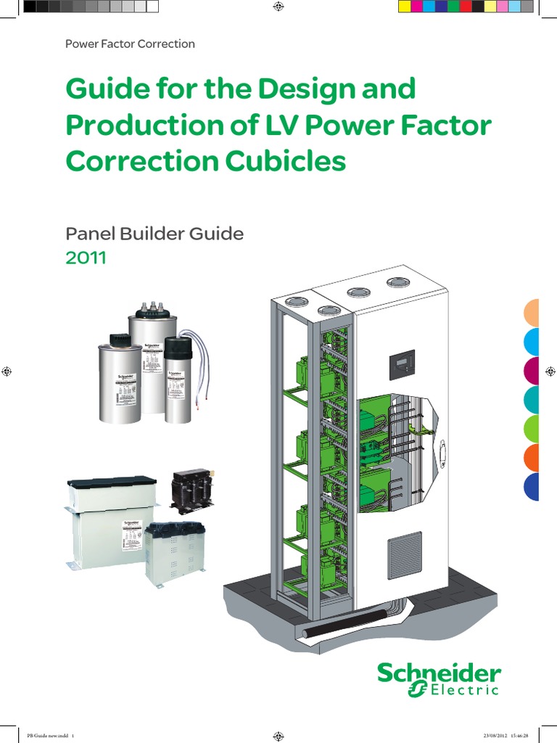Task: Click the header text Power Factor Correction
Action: click(x=130, y=44)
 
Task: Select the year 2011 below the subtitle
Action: click(x=86, y=258)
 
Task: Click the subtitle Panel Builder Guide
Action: click(x=154, y=234)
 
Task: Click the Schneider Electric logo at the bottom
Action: click(x=438, y=680)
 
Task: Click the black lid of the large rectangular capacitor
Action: click(x=112, y=481)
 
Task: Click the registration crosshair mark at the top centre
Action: click(x=278, y=7)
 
